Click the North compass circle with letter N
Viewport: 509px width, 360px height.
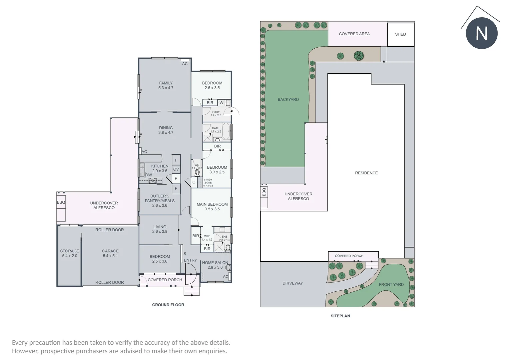coord(481,33)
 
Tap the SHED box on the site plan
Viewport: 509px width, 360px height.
coord(400,34)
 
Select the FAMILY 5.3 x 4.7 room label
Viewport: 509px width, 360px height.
coord(166,85)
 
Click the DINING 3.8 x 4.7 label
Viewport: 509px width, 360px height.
coord(166,130)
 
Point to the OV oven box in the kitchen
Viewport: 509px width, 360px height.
coord(176,169)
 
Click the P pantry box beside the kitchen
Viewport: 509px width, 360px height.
coord(176,179)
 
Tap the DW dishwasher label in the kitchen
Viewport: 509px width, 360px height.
coord(149,175)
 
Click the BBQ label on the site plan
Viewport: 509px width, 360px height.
coord(264,192)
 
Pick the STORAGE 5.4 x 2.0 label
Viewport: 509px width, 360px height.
coord(70,253)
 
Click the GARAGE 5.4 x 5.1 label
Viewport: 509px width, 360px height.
coord(110,253)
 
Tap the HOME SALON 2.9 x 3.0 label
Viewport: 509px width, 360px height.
coord(215,265)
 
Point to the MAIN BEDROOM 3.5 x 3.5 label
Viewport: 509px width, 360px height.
coord(212,207)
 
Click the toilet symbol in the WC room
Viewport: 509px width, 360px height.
coord(197,173)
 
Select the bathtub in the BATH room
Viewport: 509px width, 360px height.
coord(226,131)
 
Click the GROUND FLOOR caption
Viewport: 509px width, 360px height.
coord(168,305)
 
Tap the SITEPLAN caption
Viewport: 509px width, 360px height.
coord(340,316)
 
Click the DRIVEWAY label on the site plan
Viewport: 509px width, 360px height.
coord(292,283)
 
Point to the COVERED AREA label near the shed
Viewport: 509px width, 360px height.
coord(354,34)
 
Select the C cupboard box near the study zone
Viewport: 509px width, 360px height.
coord(194,182)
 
